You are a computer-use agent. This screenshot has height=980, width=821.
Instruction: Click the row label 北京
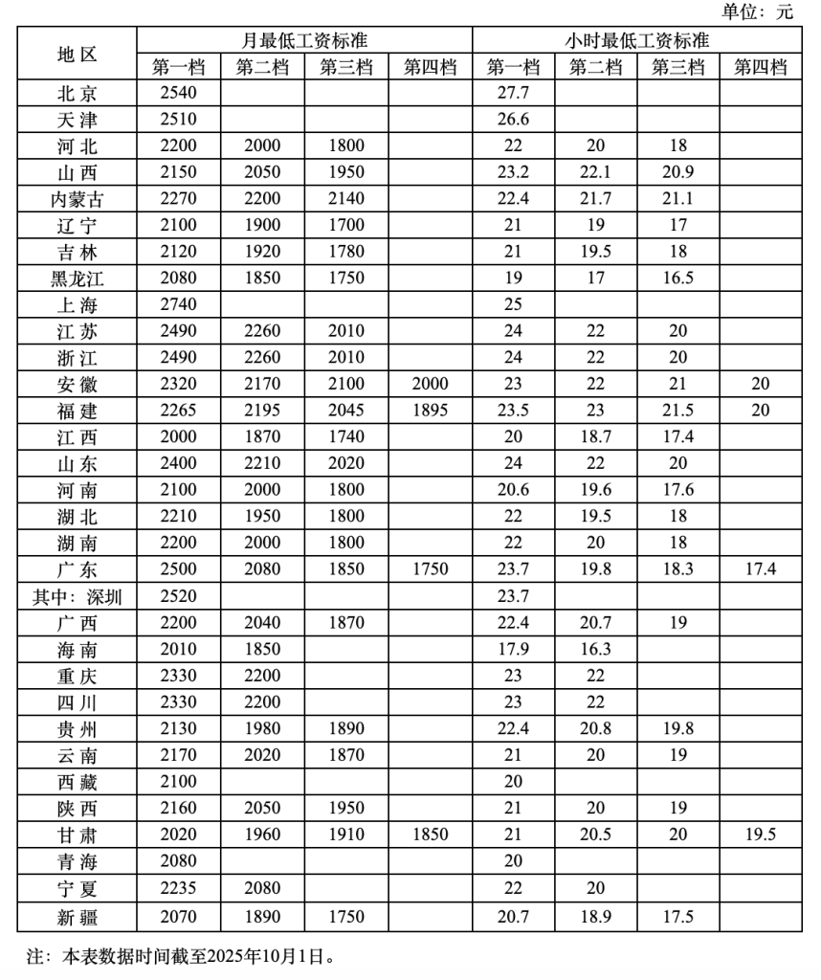pyautogui.click(x=77, y=94)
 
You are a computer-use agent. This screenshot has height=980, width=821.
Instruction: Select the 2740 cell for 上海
pyautogui.click(x=180, y=305)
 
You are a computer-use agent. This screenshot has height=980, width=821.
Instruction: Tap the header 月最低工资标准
pyautogui.click(x=304, y=41)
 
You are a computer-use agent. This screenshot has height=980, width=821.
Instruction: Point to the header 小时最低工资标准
pyautogui.click(x=636, y=41)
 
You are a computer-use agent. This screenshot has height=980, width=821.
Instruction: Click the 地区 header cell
pyautogui.click(x=77, y=54)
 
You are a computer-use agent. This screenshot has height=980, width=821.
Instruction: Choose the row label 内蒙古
pyautogui.click(x=77, y=199)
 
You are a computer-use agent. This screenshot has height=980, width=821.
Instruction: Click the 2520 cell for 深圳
pyautogui.click(x=180, y=596)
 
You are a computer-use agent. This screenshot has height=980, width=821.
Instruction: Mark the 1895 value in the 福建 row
pyautogui.click(x=430, y=411)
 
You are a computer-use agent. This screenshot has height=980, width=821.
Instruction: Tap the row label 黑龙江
pyautogui.click(x=77, y=278)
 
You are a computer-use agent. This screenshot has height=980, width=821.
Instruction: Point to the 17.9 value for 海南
pyautogui.click(x=514, y=649)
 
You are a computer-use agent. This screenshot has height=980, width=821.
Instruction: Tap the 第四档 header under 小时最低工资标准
pyautogui.click(x=761, y=67)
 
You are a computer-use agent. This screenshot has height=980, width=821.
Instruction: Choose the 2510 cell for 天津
pyautogui.click(x=180, y=120)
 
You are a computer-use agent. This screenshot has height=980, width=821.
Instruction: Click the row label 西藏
pyautogui.click(x=77, y=782)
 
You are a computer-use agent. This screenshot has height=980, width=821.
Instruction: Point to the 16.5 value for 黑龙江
pyautogui.click(x=678, y=278)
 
